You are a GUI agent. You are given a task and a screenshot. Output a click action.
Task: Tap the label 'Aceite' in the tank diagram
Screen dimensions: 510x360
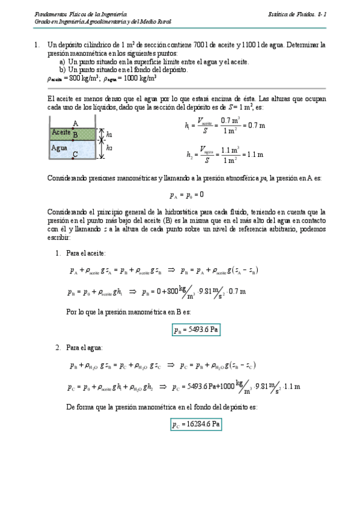[61, 132]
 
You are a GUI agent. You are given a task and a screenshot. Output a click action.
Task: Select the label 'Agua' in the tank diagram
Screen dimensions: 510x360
[59, 147]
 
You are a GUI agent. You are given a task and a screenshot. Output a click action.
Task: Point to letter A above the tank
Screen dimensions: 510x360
[75, 123]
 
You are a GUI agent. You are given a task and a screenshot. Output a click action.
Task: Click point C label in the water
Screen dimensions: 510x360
[74, 155]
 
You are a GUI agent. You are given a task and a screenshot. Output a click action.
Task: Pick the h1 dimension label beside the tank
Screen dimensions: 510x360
[109, 135]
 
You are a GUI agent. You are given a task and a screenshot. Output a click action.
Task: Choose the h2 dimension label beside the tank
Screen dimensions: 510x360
[109, 147]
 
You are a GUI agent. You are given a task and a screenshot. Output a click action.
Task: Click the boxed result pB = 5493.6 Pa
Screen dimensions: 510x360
[195, 329]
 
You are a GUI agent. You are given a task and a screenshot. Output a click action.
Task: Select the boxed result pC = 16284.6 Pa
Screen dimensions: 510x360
[197, 425]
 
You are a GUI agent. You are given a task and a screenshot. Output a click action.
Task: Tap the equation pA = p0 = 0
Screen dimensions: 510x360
[187, 194]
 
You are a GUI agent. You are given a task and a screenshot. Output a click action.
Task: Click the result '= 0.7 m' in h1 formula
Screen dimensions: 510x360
[252, 125]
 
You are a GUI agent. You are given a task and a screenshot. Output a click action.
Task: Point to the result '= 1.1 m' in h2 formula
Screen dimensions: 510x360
[252, 154]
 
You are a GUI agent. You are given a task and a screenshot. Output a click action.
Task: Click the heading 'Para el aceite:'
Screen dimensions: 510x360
[85, 253]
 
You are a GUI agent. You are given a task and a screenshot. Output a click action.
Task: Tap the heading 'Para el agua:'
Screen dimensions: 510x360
[84, 348]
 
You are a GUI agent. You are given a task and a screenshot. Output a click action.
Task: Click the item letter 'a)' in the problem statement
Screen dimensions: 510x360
[63, 61]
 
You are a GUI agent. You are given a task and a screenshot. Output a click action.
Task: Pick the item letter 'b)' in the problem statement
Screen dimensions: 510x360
[63, 69]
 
